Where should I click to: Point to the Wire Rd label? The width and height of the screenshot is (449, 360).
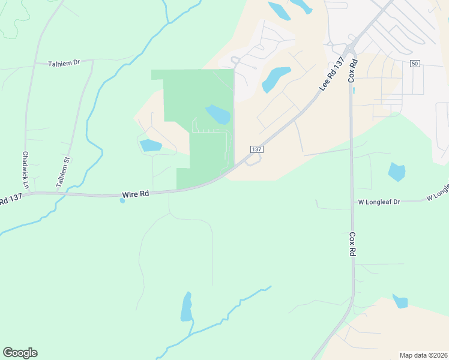(x=135, y=194)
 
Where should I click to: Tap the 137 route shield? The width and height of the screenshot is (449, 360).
(x=256, y=149)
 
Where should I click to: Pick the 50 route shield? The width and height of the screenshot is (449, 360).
(x=415, y=64)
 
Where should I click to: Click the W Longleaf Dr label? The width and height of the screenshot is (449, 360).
(x=379, y=202)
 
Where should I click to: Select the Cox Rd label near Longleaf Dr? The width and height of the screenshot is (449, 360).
(x=352, y=245)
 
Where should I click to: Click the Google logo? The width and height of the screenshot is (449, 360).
(x=20, y=353)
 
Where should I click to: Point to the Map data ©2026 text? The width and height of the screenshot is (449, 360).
(x=422, y=355)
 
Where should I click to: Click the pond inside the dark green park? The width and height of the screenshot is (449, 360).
(x=218, y=114)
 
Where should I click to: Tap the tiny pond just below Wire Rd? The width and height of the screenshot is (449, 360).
(x=122, y=200)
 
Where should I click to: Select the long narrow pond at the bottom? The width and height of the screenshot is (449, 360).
(x=186, y=307)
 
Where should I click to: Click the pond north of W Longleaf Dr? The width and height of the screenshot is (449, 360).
(x=397, y=172)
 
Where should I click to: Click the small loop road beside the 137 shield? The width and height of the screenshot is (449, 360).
(x=253, y=160)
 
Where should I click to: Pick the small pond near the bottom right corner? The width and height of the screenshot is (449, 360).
(x=400, y=301)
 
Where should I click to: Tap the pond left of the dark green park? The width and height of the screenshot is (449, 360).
(x=150, y=145)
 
